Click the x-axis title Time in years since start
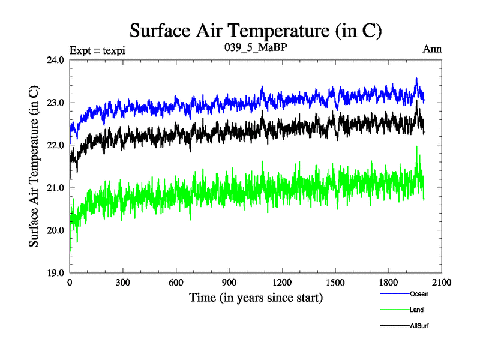pyautogui.click(x=256, y=297)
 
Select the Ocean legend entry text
pyautogui.click(x=419, y=294)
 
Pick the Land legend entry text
pyautogui.click(x=417, y=310)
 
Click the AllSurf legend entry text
pyautogui.click(x=419, y=325)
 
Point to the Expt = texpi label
pyautogui.click(x=97, y=49)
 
